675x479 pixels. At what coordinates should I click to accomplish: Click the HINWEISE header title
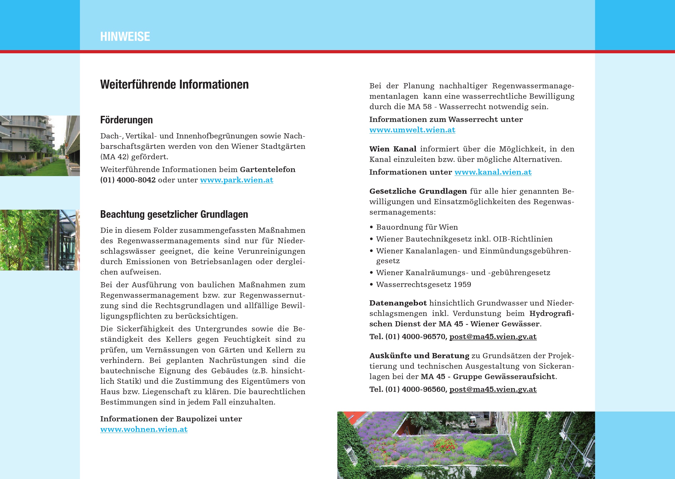[125, 36]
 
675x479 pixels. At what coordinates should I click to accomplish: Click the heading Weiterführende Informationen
[174, 84]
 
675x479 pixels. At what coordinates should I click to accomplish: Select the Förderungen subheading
[127, 120]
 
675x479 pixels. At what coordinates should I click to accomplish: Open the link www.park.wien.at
[237, 180]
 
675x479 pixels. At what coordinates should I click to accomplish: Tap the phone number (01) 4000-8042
[128, 180]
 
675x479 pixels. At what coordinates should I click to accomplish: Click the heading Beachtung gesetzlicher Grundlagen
[174, 214]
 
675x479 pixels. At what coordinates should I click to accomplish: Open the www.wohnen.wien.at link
[144, 429]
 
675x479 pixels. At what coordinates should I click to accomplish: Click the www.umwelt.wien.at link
[412, 130]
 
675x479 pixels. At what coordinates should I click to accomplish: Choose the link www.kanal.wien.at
[493, 172]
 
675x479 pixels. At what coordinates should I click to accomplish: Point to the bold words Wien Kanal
[393, 149]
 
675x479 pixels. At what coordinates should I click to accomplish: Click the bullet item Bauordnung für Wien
[417, 227]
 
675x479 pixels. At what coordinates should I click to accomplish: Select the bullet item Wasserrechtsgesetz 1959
[423, 284]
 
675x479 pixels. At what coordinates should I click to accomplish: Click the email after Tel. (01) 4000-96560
[493, 389]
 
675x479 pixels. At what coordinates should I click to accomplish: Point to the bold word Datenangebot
[398, 303]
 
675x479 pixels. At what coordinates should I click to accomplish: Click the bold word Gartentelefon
[268, 170]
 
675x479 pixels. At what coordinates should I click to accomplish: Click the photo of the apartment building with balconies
[40, 146]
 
